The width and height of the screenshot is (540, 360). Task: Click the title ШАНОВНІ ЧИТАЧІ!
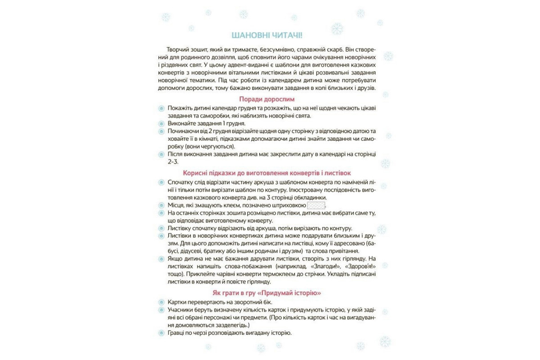coord(270,36)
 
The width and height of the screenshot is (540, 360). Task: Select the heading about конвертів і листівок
coord(267,173)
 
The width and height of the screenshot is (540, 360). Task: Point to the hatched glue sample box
coord(315,205)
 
